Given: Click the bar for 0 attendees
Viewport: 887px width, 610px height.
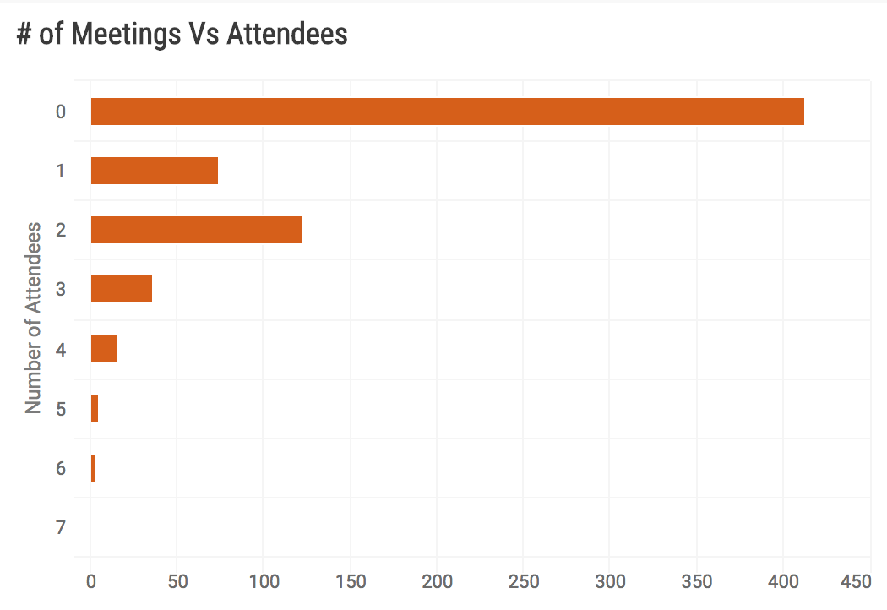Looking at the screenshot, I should pyautogui.click(x=447, y=112).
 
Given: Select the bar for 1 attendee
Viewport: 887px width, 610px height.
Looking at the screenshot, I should pyautogui.click(x=154, y=171).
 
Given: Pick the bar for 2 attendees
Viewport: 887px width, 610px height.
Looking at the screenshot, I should pyautogui.click(x=196, y=230).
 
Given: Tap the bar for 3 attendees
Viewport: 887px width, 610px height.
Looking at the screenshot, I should pyautogui.click(x=121, y=289).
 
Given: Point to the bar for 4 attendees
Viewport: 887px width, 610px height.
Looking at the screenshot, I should pyautogui.click(x=103, y=348).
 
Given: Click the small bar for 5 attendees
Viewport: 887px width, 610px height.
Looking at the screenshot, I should pyautogui.click(x=95, y=409).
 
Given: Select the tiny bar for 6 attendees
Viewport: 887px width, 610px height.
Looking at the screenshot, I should pyautogui.click(x=93, y=468).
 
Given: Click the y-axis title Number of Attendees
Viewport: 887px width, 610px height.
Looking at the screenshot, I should pyautogui.click(x=33, y=318).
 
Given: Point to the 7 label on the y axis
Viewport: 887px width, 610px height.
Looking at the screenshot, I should pyautogui.click(x=60, y=528).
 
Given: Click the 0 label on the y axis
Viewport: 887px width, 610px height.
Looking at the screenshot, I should pyautogui.click(x=60, y=112).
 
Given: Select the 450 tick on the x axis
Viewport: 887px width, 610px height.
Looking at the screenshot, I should pyautogui.click(x=856, y=582).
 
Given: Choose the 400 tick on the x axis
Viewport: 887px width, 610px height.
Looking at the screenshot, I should pyautogui.click(x=782, y=582).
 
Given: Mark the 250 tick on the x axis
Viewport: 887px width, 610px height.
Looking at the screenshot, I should pyautogui.click(x=523, y=582).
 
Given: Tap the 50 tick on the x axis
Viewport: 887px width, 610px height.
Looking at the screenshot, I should pyautogui.click(x=177, y=582).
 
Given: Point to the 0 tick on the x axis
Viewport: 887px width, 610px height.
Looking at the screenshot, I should pyautogui.click(x=91, y=582).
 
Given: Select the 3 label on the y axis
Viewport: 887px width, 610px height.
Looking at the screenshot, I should pyautogui.click(x=60, y=290).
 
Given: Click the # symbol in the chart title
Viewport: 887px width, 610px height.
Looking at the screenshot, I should pyautogui.click(x=24, y=35).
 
